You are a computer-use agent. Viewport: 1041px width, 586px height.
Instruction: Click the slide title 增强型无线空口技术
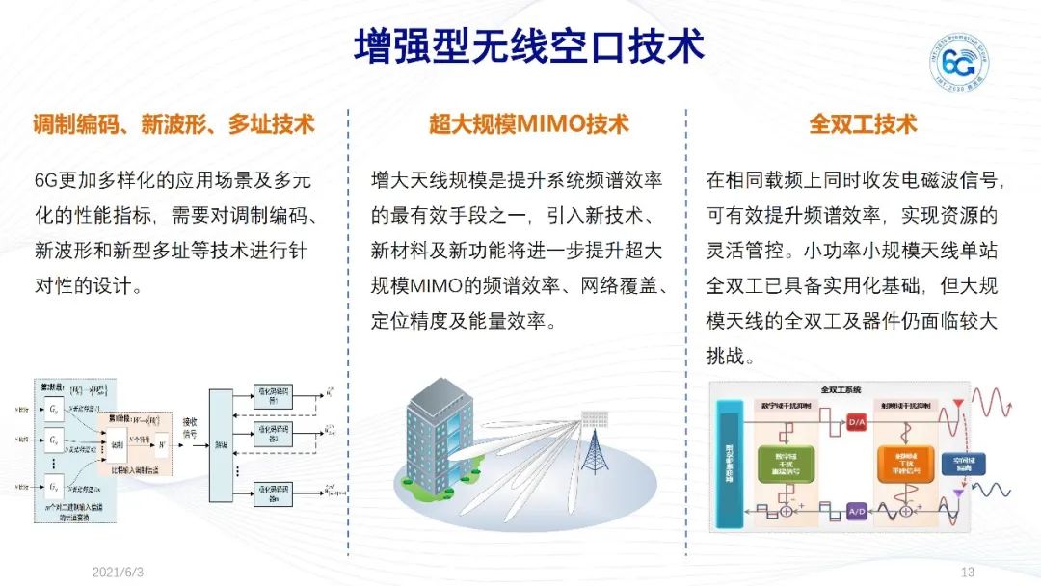point(528,44)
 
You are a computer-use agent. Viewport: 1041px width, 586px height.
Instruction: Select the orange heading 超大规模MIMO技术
point(529,124)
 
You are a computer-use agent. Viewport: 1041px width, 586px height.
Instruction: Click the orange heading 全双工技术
point(863,124)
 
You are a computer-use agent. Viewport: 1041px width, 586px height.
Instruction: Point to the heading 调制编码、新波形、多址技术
point(173,124)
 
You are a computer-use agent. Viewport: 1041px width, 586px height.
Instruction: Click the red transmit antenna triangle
point(957,402)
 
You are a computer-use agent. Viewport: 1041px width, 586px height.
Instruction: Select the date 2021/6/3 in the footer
point(118,572)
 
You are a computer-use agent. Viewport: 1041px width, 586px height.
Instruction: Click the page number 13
point(969,572)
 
